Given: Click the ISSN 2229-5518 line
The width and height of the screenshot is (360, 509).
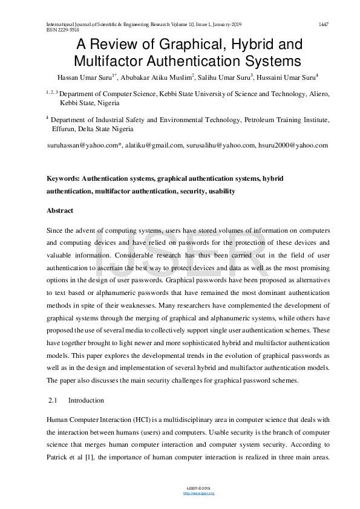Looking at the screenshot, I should (62, 29).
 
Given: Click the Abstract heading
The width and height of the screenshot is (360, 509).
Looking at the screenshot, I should (60, 211).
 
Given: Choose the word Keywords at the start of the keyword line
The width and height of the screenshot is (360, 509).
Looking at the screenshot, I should (62, 179).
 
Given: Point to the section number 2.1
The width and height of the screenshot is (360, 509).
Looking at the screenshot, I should (52, 400).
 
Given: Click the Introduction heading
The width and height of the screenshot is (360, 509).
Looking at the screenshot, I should (86, 400).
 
